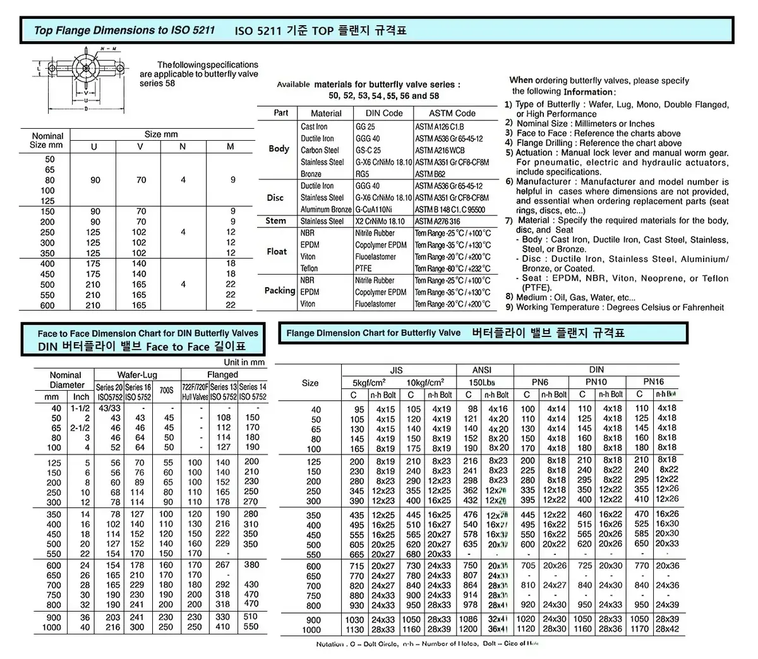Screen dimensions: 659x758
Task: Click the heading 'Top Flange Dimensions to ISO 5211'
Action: pyautogui.click(x=124, y=30)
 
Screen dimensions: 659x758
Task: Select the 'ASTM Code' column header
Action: pyautogui.click(x=452, y=113)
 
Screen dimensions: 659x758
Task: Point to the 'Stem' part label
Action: pyautogui.click(x=275, y=221)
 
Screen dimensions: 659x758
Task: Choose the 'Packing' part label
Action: pyautogui.click(x=279, y=291)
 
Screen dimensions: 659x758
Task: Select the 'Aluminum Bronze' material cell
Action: pyautogui.click(x=326, y=209)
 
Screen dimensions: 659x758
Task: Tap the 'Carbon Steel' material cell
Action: pyautogui.click(x=320, y=150)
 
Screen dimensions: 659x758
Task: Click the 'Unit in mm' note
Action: pyautogui.click(x=244, y=362)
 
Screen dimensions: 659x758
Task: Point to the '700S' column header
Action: pyautogui.click(x=166, y=391)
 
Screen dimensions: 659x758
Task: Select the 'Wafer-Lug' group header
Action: pyautogui.click(x=137, y=375)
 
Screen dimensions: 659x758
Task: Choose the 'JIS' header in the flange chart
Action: pyautogui.click(x=397, y=370)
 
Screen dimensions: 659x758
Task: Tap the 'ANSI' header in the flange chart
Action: pyautogui.click(x=482, y=370)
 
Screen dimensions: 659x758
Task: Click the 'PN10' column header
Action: pyautogui.click(x=596, y=382)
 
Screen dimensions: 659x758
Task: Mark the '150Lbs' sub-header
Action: pyautogui.click(x=483, y=383)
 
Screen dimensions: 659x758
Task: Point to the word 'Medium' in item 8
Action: pyautogui.click(x=531, y=297)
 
